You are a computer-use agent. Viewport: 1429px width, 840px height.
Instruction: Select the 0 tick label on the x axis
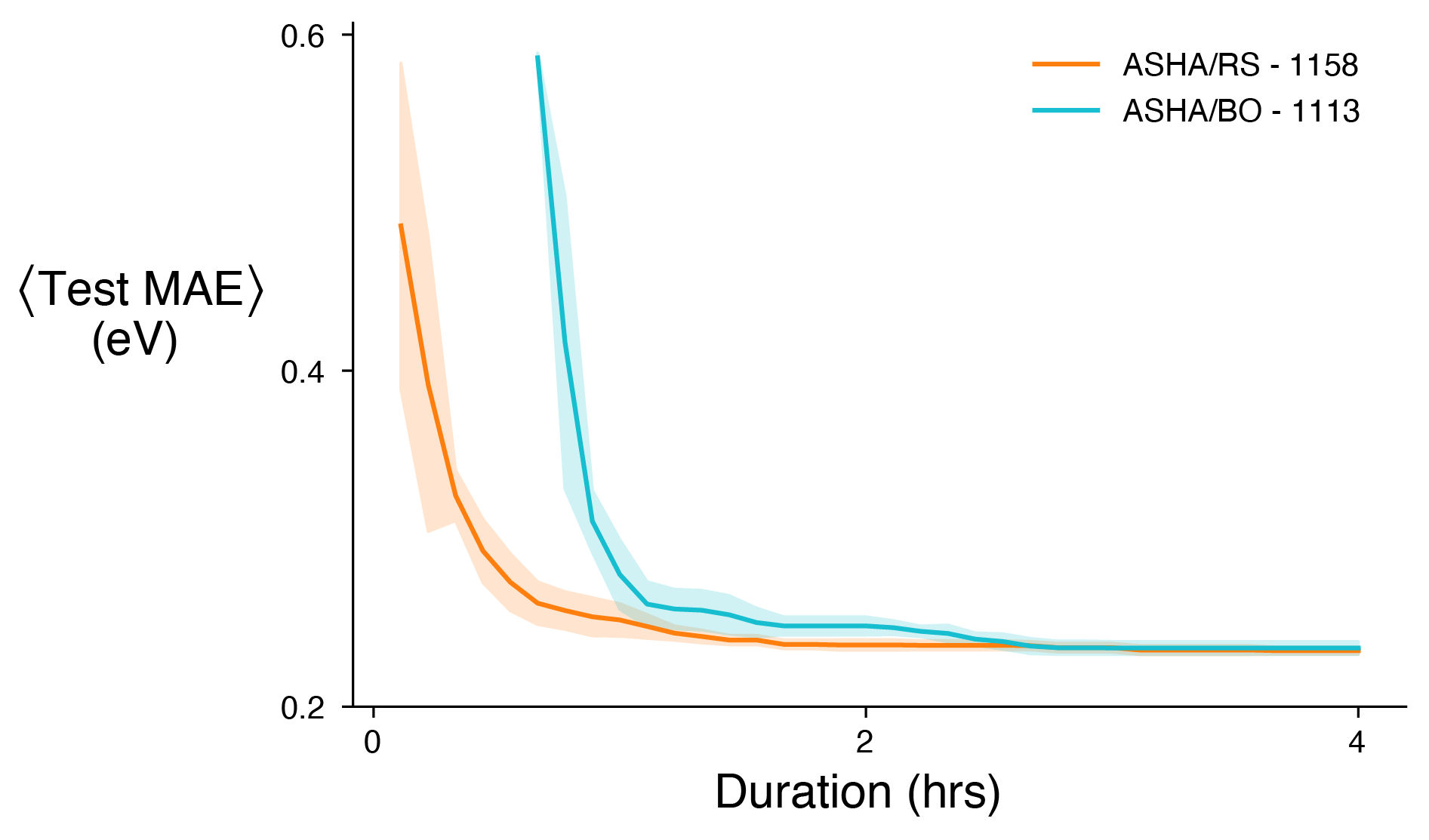(372, 743)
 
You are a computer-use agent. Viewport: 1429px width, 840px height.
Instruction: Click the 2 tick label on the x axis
(865, 743)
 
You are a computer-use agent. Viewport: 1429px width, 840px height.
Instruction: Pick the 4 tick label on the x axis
(1357, 743)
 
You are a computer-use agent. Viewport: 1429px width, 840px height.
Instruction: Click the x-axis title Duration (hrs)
(858, 792)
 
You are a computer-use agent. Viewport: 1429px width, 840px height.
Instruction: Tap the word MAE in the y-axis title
(192, 289)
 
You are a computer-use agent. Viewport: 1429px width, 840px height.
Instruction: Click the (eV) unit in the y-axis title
(134, 340)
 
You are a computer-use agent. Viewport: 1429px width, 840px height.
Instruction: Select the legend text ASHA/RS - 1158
(1240, 66)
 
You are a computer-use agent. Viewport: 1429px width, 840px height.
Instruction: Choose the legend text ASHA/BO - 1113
(1241, 112)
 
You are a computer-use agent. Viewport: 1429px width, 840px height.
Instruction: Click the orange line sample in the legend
(1066, 65)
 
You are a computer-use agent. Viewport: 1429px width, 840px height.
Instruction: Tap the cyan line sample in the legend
(1066, 110)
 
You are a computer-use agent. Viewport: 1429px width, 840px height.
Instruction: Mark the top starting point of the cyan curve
(537, 57)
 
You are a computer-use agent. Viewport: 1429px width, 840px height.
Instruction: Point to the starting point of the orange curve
(400, 224)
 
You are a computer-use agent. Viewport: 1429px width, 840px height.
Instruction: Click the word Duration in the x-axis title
(803, 792)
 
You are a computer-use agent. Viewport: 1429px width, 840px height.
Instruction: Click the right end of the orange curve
(1359, 650)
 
